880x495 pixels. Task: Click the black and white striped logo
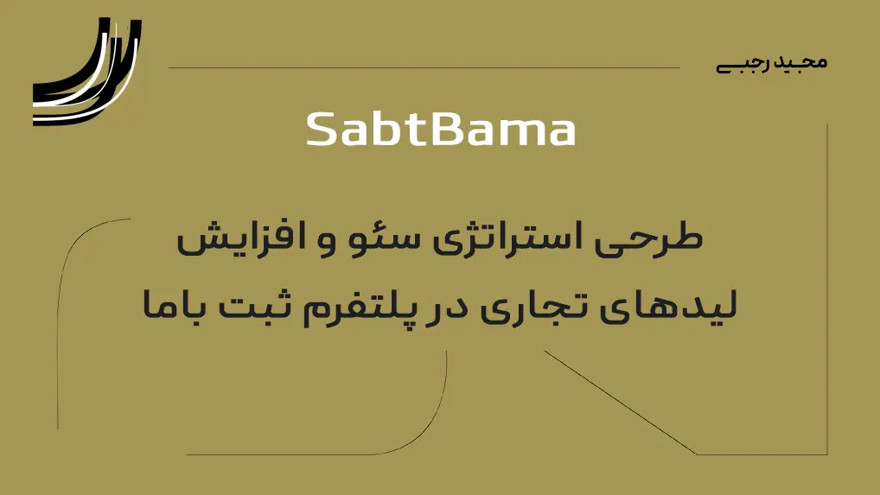[87, 71]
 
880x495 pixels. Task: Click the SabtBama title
[441, 130]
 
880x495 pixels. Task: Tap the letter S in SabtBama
[322, 130]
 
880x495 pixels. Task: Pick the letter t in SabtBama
[415, 130]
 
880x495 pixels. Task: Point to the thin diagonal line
[620, 403]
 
